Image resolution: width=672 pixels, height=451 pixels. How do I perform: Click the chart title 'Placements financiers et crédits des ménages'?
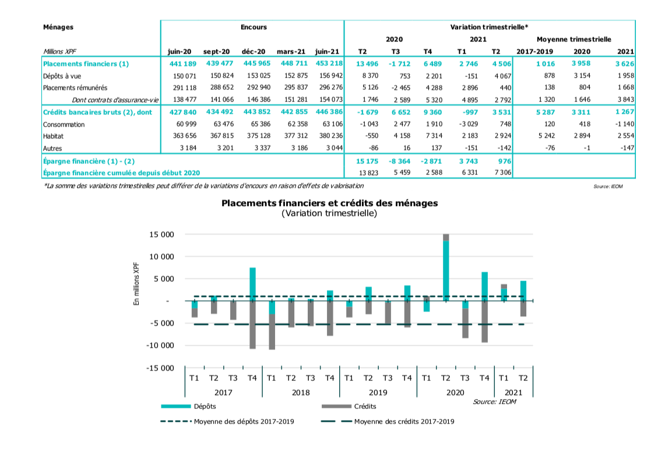point(329,203)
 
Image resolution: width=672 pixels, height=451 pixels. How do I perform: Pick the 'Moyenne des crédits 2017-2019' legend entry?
point(404,421)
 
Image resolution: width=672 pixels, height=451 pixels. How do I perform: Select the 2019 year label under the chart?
point(378,392)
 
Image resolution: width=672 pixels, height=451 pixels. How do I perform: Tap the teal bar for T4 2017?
point(252,284)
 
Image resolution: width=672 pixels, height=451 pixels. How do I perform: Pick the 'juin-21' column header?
point(327,51)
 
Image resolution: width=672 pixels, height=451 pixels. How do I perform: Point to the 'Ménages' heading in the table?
point(58,27)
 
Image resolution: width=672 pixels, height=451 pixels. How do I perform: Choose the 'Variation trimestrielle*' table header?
point(489,27)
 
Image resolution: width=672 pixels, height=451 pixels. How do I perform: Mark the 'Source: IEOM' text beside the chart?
point(494,401)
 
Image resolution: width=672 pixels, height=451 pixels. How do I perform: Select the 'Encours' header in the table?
point(254,27)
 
